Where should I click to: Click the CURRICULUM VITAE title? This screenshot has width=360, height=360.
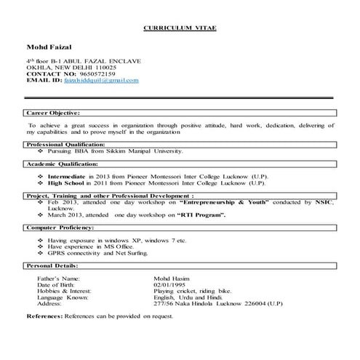(180, 27)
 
